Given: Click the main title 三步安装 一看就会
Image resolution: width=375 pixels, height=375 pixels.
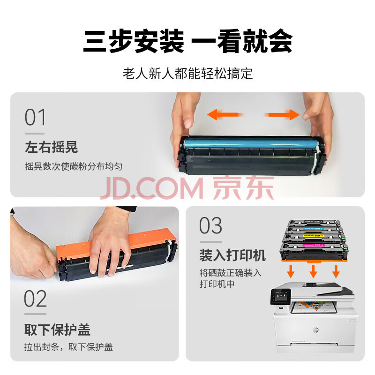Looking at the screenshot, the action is click(188, 41).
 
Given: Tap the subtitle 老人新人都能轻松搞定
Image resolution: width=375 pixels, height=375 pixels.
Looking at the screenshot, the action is click(188, 74).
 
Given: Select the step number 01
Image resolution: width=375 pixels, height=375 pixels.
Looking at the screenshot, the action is click(35, 117).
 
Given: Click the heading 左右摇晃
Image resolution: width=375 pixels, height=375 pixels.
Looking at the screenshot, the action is click(52, 147).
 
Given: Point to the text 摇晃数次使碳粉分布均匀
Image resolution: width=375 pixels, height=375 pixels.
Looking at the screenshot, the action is click(74, 166).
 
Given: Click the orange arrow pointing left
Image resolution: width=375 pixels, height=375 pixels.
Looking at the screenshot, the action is click(225, 114).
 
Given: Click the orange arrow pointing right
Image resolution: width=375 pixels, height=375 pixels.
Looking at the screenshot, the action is click(282, 114).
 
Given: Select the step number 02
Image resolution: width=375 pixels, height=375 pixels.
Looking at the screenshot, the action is click(35, 299).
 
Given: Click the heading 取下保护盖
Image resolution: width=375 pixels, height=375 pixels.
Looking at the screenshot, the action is click(57, 330).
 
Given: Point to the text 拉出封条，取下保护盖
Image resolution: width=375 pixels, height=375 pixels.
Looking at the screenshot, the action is click(68, 347).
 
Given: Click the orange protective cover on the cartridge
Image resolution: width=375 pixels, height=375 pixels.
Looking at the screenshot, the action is click(115, 244).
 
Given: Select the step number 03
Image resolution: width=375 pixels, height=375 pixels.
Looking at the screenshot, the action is click(210, 225).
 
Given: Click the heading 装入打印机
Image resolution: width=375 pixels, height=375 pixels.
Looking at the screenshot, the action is click(232, 255).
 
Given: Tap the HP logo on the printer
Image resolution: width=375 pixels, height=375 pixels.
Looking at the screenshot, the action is click(315, 330).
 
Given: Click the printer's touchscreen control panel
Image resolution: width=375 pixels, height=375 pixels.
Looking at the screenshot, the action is click(280, 297).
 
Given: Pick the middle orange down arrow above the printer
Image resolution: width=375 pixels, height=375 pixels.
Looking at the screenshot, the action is click(313, 271).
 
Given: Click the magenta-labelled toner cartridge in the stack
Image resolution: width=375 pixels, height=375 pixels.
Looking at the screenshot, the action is click(313, 251).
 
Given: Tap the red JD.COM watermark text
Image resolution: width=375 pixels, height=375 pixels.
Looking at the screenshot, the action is click(151, 188).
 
